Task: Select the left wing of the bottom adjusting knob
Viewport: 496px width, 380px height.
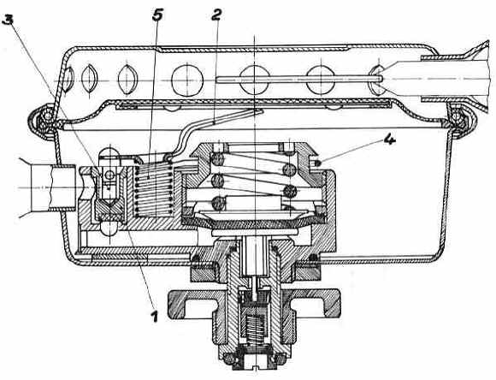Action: point(190,304)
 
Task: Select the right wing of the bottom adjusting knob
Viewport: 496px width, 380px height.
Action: point(325,304)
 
